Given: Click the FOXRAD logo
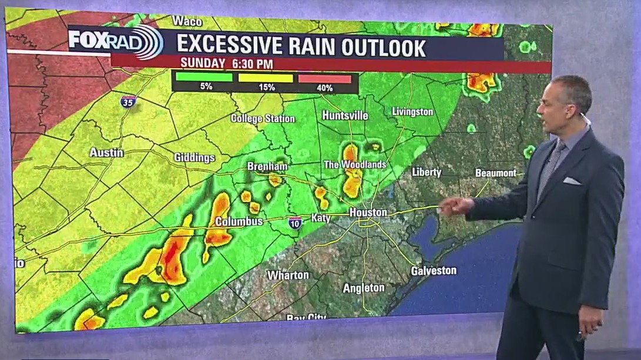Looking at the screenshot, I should point(115,41).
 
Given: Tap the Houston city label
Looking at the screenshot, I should point(368,212).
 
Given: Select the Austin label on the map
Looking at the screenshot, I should point(106,153).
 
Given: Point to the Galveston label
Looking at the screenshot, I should point(434,271).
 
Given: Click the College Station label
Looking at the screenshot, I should point(263,119).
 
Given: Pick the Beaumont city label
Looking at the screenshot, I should point(496,173).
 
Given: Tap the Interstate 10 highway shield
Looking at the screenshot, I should point(295,222).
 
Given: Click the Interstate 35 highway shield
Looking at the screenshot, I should point(128,102).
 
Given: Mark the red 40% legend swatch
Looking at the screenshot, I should point(325,79).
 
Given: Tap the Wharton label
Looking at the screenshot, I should point(288,275).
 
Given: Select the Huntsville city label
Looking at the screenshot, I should point(345,116).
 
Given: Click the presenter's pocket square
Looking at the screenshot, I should point(572,181).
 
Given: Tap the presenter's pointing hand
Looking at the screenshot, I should point(455,206).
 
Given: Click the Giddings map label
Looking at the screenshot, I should point(194,157).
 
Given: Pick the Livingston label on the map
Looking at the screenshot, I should point(412,112).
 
